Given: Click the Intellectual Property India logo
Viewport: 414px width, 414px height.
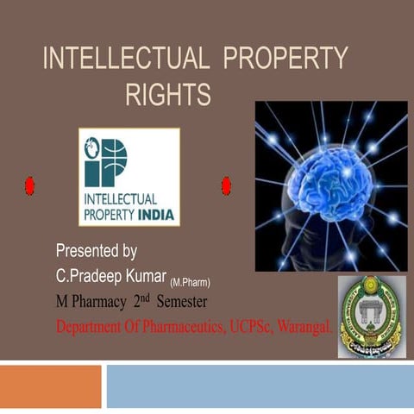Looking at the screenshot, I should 129,177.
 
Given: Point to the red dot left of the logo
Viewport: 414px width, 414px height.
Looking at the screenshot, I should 28,185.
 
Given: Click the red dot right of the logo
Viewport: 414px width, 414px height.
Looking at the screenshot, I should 226,185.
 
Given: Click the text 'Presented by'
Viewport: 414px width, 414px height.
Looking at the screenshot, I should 96,251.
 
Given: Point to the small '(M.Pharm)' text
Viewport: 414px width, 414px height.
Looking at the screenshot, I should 191,282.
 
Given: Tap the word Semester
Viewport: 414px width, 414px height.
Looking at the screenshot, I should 188,303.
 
